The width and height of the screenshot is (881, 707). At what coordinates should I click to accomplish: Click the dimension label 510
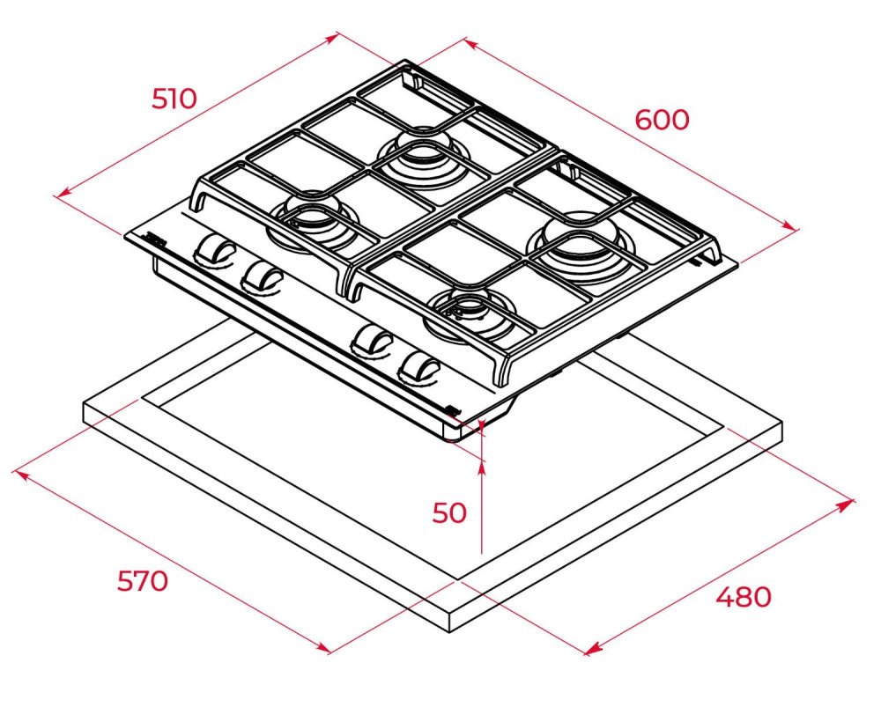174,99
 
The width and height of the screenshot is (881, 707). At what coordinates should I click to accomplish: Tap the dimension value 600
662,120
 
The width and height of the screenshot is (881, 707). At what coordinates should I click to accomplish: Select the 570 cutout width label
143,580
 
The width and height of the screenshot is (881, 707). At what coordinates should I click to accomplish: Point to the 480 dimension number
744,597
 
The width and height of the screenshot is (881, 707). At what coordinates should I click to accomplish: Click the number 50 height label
449,512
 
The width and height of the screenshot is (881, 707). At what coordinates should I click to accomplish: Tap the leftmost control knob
214,248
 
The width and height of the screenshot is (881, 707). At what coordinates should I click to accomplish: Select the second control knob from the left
262,276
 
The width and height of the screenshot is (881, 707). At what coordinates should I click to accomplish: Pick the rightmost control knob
419,368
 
